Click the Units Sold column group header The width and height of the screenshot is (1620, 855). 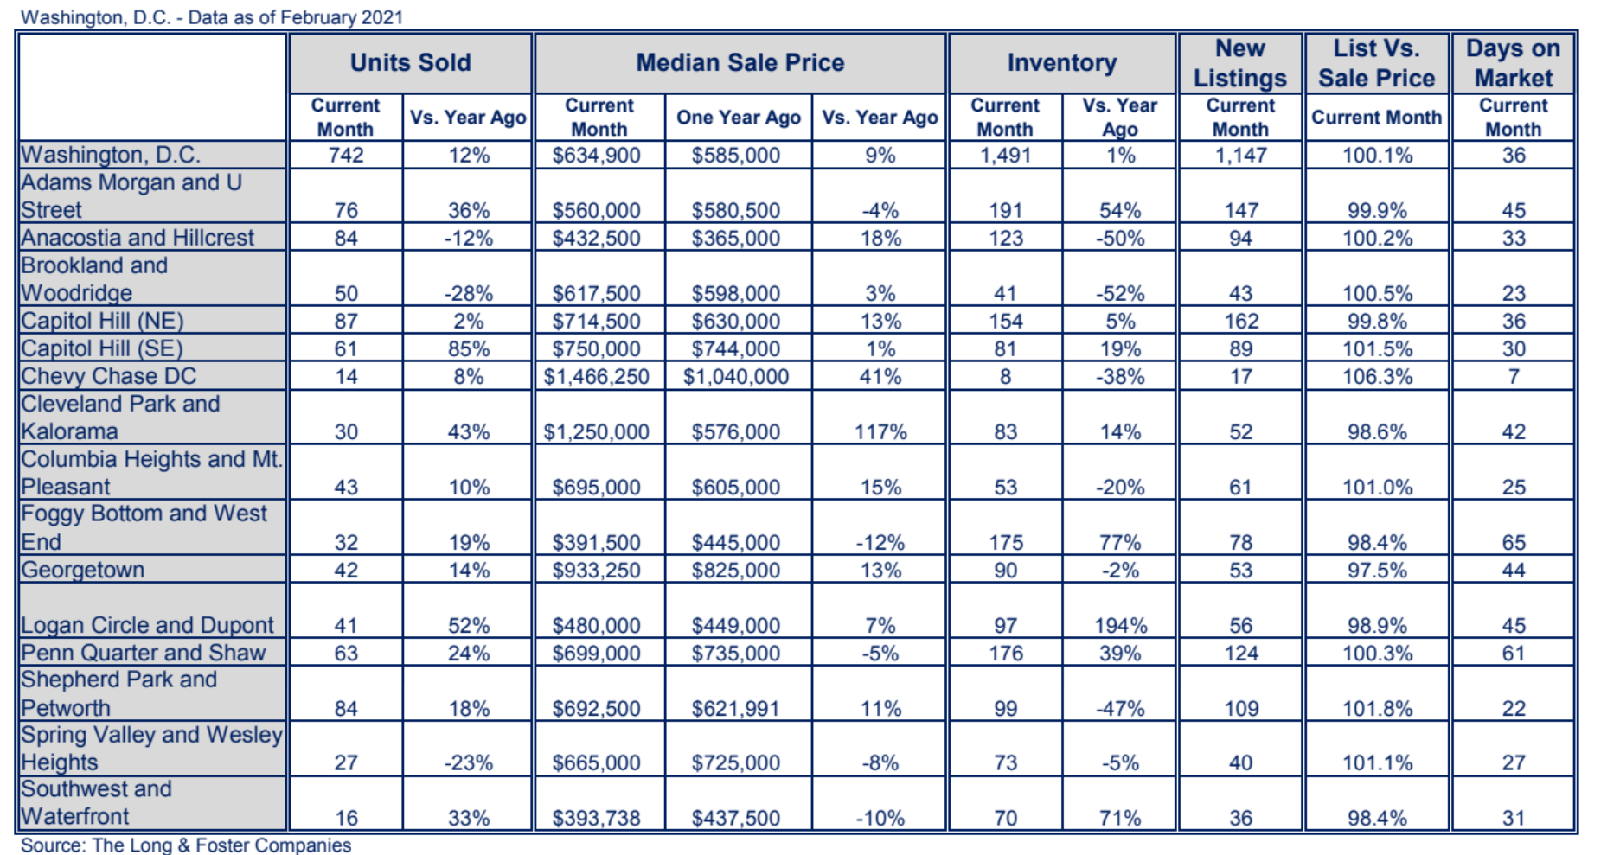coord(410,62)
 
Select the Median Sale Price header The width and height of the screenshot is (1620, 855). coord(740,62)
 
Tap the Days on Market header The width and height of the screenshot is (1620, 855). coord(1513,63)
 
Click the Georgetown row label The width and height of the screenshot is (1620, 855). coord(83,570)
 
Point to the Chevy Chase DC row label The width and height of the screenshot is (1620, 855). coord(109,376)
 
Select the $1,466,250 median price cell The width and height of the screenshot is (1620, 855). coord(596,377)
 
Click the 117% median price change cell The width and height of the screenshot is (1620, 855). coord(880,432)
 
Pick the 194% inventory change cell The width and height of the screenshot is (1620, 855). coord(1120,626)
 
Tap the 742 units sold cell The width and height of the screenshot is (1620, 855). coord(346,156)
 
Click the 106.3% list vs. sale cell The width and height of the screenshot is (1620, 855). coord(1377,377)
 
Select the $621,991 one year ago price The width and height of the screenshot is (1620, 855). coord(735,709)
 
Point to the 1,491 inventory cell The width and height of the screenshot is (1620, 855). coord(1005,156)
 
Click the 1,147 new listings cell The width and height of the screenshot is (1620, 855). coord(1240,156)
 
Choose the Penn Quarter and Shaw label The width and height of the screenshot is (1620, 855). coord(144,653)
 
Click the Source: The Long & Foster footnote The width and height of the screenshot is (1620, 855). coord(186,845)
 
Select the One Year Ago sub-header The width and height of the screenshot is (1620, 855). coord(738,118)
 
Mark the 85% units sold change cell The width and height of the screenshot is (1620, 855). coord(468,349)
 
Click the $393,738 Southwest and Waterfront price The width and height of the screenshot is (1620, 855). coord(596,818)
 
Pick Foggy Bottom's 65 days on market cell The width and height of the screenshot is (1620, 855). coord(1513,543)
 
